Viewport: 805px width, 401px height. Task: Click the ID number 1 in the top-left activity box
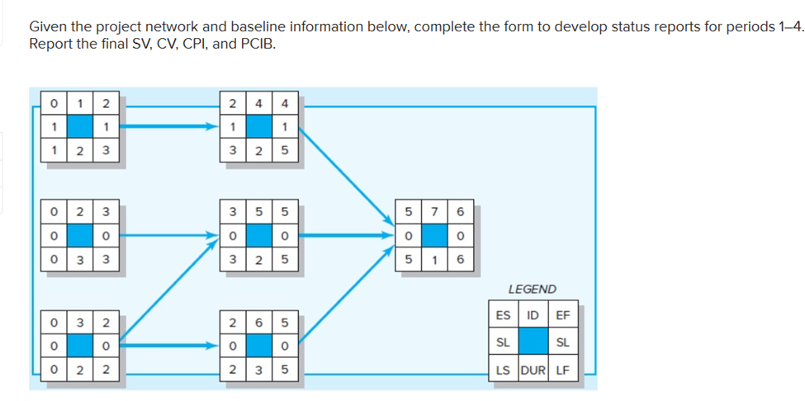pyautogui.click(x=80, y=104)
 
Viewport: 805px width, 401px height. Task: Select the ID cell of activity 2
pyautogui.click(x=80, y=210)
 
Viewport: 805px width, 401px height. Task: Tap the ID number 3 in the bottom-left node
pyautogui.click(x=80, y=318)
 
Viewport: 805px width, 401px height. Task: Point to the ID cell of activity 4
pyautogui.click(x=259, y=104)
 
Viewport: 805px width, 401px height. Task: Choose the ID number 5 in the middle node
pyautogui.click(x=259, y=210)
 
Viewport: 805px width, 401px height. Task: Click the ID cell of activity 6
pyautogui.click(x=259, y=318)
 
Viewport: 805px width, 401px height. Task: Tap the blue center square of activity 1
pyautogui.click(x=80, y=128)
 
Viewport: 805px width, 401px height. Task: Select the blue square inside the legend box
pyautogui.click(x=533, y=342)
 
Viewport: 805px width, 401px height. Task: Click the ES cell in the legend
pyautogui.click(x=503, y=314)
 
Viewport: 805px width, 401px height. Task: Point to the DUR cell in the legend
pyautogui.click(x=533, y=369)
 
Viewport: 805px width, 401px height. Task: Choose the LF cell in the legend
pyautogui.click(x=564, y=369)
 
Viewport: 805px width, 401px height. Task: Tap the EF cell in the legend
pyautogui.click(x=564, y=314)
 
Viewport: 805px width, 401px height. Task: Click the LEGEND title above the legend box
pyautogui.click(x=532, y=289)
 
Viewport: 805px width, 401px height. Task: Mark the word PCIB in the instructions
pyautogui.click(x=252, y=44)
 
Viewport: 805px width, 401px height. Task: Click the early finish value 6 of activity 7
pyautogui.click(x=461, y=210)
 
